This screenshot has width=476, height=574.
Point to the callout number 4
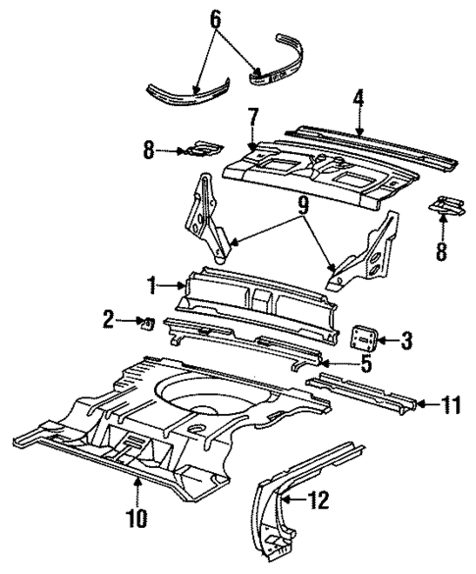(x=360, y=101)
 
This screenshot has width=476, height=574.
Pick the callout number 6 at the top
(x=217, y=19)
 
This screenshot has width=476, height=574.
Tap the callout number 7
(x=252, y=121)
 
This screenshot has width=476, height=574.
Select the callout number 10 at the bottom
(x=140, y=516)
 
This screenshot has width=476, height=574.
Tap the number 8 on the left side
(x=149, y=151)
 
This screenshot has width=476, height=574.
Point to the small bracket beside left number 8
(x=201, y=148)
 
